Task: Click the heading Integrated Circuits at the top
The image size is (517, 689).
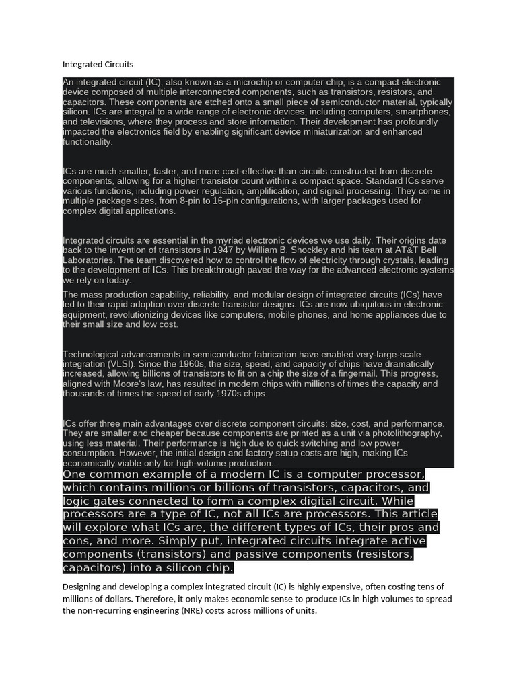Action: click(x=98, y=65)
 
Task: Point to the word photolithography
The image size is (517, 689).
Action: click(x=409, y=433)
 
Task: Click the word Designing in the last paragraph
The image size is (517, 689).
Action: click(x=84, y=587)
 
